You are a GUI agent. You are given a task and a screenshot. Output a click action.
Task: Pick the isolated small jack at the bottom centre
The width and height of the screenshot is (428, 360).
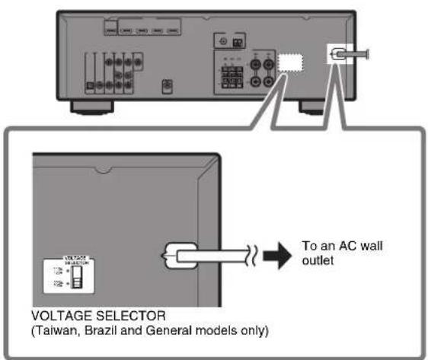168,86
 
